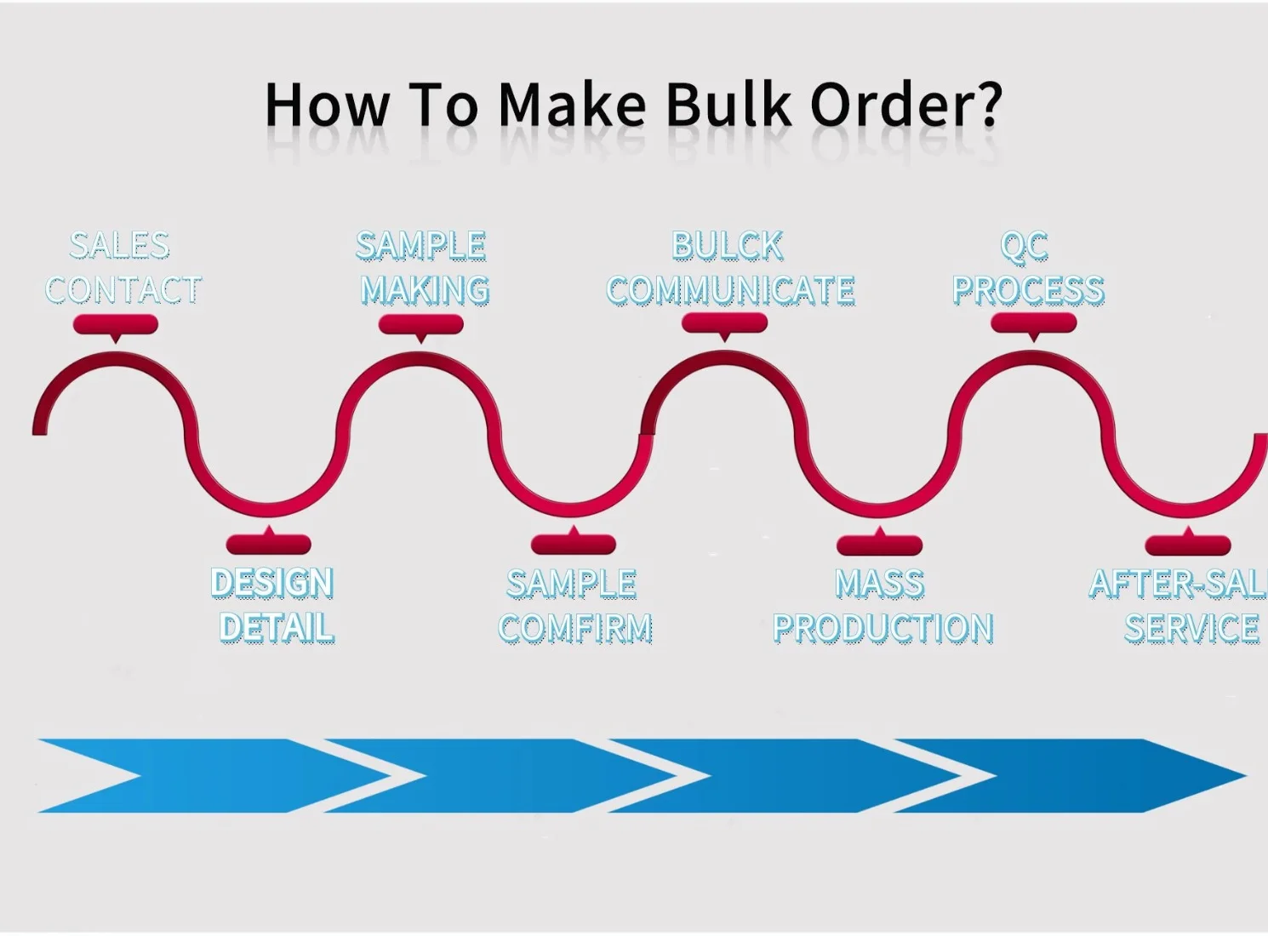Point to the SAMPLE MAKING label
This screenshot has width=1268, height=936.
(423, 268)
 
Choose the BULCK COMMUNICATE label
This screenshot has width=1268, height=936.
(730, 268)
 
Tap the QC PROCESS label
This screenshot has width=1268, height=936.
(1028, 268)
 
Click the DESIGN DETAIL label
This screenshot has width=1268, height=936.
(273, 605)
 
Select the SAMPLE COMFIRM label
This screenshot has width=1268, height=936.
(574, 606)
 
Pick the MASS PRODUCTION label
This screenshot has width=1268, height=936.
(882, 606)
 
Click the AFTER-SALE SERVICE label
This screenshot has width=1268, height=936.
(1183, 606)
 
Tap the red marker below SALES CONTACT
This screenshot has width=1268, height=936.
(116, 324)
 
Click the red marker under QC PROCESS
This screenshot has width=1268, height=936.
(1034, 323)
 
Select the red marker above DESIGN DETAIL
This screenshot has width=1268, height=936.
(269, 543)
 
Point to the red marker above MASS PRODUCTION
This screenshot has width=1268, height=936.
(880, 544)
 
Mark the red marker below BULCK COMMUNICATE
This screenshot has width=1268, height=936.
(725, 323)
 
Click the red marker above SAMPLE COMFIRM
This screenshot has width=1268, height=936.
(574, 543)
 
